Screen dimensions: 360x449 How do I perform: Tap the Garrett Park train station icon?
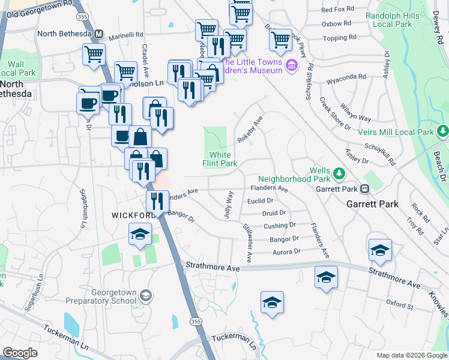pyautogui.click(x=364, y=189)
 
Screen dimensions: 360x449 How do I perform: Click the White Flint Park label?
pyautogui.click(x=220, y=159)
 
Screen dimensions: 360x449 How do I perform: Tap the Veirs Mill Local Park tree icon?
pyautogui.click(x=443, y=131)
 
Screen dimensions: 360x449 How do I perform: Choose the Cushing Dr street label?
pyautogui.click(x=280, y=226)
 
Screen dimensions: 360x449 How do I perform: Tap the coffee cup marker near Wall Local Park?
pyautogui.click(x=88, y=103)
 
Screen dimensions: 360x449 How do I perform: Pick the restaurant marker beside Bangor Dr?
pyautogui.click(x=157, y=200)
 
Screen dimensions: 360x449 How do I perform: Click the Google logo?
pyautogui.click(x=20, y=353)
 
